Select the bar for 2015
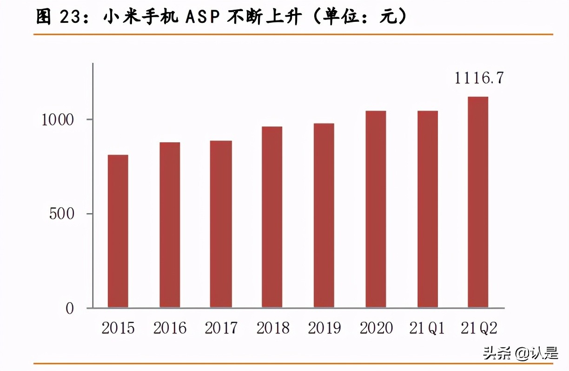[118, 231]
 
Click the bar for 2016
[170, 225]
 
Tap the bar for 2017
[221, 224]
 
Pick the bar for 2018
[272, 217]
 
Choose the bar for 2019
[324, 216]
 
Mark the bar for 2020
[376, 209]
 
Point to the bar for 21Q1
[427, 209]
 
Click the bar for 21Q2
[478, 202]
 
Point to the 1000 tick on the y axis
[58, 119]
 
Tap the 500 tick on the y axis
[62, 214]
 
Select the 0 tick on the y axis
[70, 309]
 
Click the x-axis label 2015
[118, 328]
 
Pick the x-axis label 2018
[273, 328]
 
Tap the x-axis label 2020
[376, 328]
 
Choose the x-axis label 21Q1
[428, 328]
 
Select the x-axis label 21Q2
[479, 328]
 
